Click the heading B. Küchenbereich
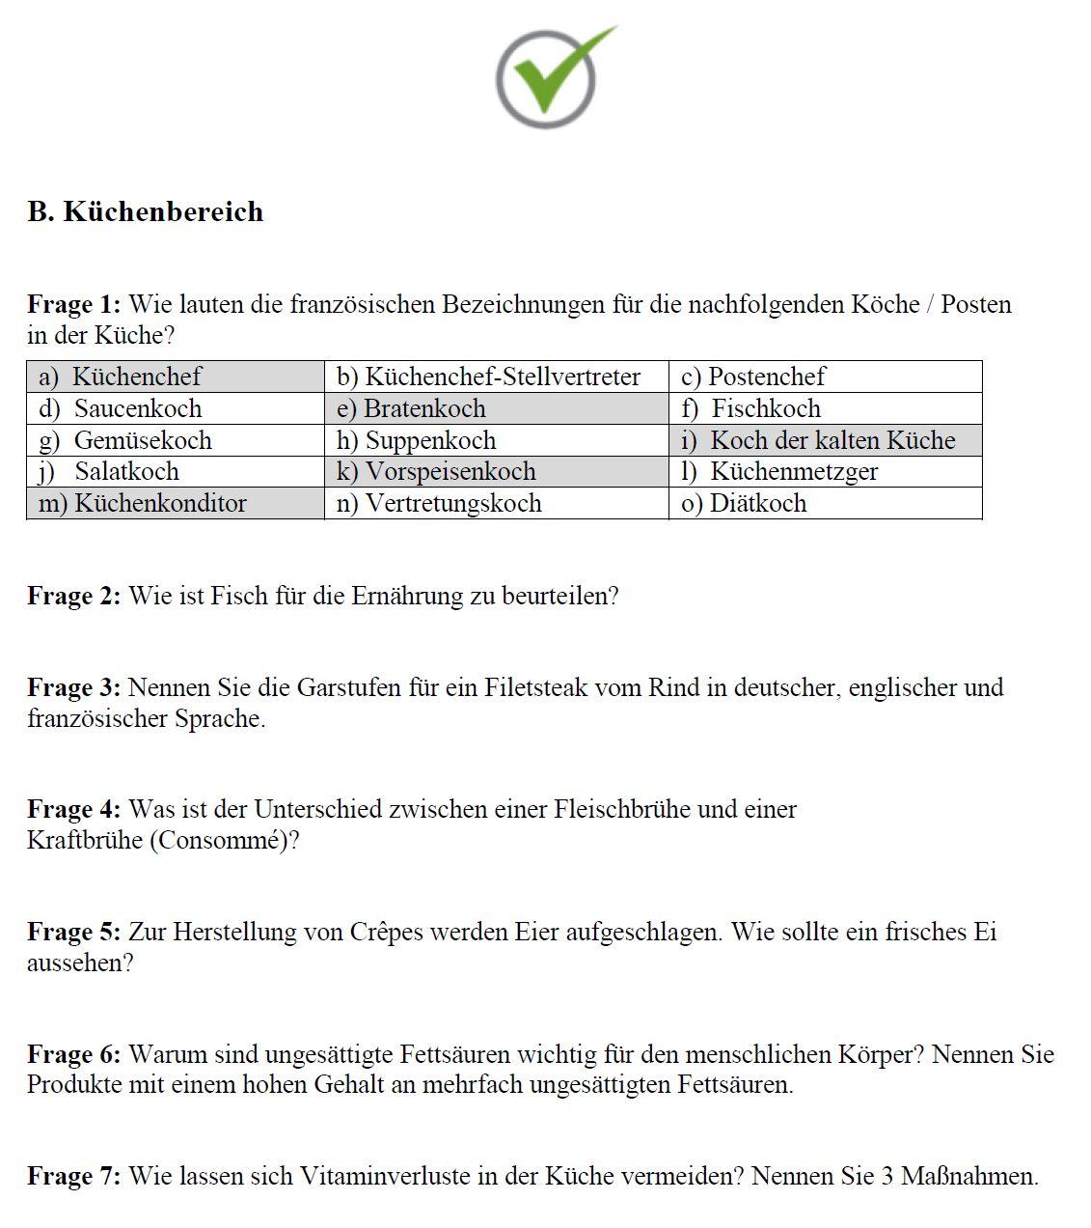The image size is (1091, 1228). [x=145, y=211]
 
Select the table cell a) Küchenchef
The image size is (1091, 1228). [x=175, y=377]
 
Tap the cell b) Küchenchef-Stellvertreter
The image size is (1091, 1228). [x=495, y=377]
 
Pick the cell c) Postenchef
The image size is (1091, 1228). [x=824, y=377]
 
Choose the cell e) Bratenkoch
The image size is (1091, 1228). [x=495, y=408]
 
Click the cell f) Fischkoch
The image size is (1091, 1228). [x=824, y=408]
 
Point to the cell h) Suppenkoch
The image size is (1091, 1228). [x=495, y=440]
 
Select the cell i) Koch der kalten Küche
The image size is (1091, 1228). [x=824, y=440]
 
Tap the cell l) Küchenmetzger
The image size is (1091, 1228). [x=824, y=471]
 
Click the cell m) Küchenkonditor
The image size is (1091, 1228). [x=175, y=503]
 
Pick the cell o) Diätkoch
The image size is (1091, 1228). [x=824, y=503]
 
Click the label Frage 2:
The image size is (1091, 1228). [x=73, y=596]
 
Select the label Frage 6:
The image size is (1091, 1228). [x=73, y=1054]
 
